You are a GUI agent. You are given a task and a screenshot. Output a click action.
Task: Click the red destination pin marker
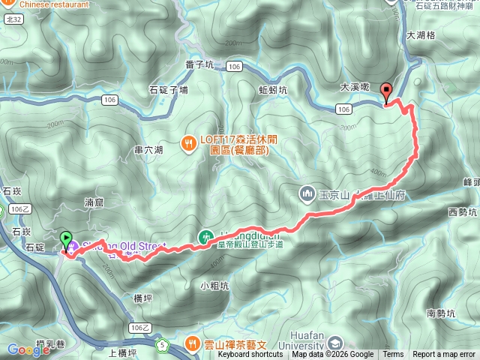coord(387,92)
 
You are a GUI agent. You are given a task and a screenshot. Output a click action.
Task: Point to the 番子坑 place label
coord(199,65)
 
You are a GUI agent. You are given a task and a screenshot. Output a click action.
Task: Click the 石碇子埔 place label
coord(168,90)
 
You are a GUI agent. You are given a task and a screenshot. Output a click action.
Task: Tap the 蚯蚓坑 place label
coord(273,90)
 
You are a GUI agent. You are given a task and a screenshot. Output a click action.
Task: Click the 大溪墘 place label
coord(354,87)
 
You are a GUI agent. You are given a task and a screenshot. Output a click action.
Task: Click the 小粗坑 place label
coord(214,285)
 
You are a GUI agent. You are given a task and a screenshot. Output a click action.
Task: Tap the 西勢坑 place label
coord(462,213)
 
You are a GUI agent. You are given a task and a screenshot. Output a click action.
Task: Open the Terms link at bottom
coord(393,355)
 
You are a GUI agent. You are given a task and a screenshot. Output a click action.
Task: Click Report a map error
coord(445,355)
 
